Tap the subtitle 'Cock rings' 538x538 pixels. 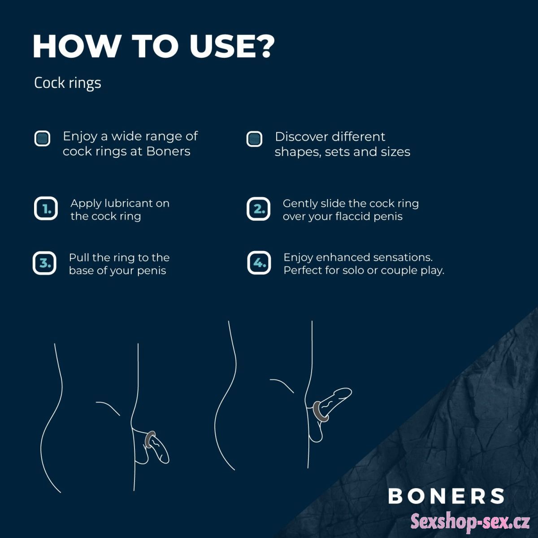coord(68,83)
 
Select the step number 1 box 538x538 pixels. coord(46,208)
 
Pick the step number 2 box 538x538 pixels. coord(258,209)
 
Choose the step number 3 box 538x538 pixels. coord(44,263)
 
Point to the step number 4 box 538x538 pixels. coord(259,263)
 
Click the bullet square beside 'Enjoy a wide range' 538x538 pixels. coord(42,139)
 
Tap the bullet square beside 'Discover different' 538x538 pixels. coord(254,139)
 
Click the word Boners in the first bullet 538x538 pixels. coord(169,152)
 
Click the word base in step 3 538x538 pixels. coord(81,270)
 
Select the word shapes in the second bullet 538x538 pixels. coord(298,152)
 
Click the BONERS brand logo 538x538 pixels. coord(446,496)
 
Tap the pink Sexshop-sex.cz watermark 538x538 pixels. coord(470,521)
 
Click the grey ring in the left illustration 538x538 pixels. coord(149,440)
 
